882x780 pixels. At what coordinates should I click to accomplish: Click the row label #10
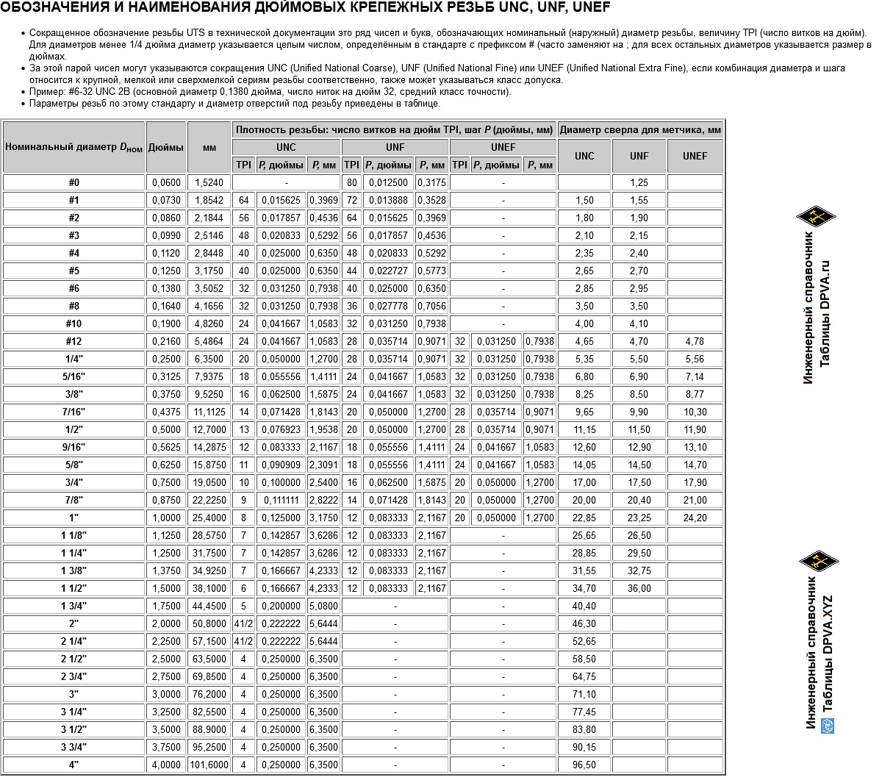click(73, 324)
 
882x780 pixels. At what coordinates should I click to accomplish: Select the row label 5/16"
click(73, 377)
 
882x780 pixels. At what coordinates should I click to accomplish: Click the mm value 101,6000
click(209, 765)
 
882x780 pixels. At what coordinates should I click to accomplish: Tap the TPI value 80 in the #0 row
click(352, 183)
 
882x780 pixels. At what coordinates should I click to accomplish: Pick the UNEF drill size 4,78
click(695, 342)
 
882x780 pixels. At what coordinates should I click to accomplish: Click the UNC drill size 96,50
click(584, 765)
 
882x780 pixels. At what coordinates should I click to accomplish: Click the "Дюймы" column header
click(166, 146)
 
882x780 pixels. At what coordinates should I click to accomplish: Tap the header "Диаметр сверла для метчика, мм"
click(640, 129)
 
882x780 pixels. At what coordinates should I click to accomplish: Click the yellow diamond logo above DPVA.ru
click(816, 216)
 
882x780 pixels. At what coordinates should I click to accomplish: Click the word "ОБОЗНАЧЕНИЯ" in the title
click(52, 8)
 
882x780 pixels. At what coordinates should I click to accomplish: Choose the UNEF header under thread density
click(503, 147)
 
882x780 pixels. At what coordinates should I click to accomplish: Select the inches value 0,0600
click(166, 183)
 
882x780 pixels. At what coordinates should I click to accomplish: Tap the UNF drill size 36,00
click(639, 589)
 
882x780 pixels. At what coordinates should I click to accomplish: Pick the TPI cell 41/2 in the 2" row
click(243, 624)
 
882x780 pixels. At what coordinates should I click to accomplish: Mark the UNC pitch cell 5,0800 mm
click(323, 607)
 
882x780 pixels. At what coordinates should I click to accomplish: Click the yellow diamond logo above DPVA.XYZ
click(819, 562)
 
